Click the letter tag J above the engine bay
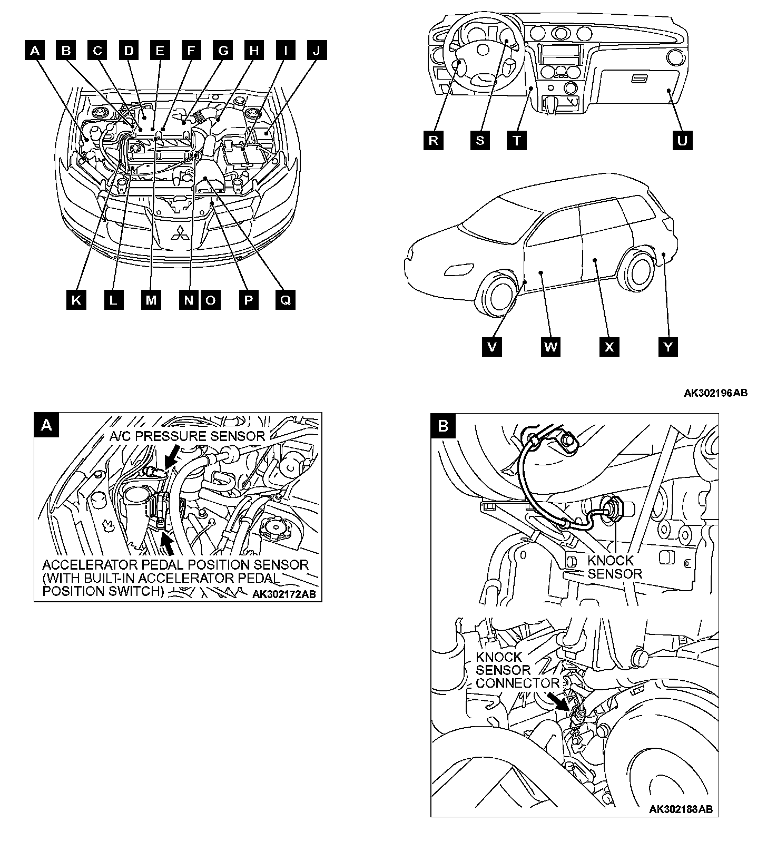316,51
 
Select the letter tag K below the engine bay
77,300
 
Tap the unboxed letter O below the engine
211,300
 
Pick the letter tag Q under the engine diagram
286,300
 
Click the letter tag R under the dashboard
433,141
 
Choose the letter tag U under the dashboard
682,141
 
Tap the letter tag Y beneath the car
668,347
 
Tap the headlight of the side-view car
454,270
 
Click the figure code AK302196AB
715,393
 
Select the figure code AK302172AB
284,594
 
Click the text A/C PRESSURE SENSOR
187,436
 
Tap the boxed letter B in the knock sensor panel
443,426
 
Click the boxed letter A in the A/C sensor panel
46,425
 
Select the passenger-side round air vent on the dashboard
673,56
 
